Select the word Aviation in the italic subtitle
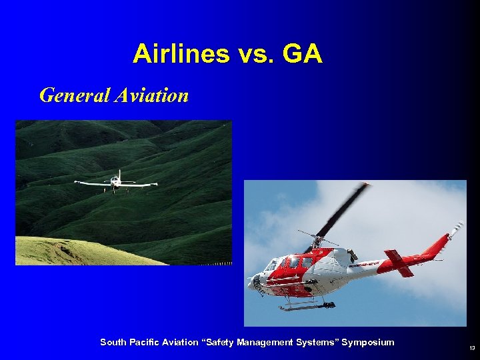pos(151,95)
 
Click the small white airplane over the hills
pos(115,181)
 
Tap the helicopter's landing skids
pos(307,307)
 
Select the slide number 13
pos(472,348)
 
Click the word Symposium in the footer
pos(368,342)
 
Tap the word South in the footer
pos(113,342)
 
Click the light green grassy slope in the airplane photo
pos(60,252)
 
